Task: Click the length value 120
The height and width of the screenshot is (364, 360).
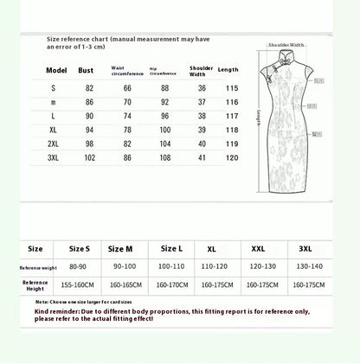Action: [233, 158]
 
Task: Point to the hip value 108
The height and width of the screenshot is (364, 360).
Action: [165, 158]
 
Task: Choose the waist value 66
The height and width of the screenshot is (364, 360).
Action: [128, 87]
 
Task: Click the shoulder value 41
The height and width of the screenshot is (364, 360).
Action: [202, 158]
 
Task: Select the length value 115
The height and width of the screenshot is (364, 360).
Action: [233, 87]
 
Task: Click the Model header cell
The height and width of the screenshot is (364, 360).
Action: [56, 71]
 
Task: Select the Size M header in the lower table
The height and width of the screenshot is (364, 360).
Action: [119, 248]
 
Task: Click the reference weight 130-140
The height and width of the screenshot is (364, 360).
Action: [305, 267]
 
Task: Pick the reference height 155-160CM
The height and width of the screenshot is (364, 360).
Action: [79, 284]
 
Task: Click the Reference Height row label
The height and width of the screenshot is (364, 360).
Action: [35, 284]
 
